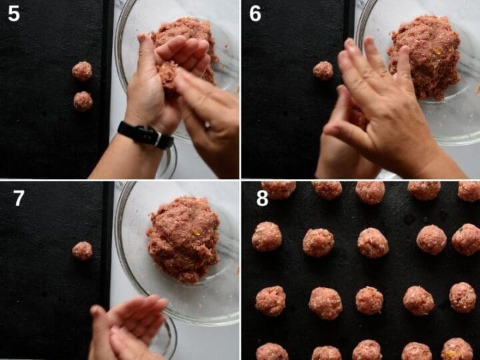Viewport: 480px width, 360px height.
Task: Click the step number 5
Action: click(14, 14)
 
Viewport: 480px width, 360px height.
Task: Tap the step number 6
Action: click(255, 14)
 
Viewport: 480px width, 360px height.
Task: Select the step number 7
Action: click(19, 198)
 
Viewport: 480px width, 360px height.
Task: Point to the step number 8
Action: click(263, 198)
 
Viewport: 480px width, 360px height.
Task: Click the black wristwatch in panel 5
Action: click(146, 135)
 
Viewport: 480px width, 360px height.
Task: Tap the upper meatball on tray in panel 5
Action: click(82, 71)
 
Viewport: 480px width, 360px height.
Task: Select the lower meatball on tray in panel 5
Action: click(83, 101)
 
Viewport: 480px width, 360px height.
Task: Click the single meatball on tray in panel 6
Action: click(323, 71)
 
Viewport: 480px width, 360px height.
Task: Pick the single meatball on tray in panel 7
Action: click(82, 251)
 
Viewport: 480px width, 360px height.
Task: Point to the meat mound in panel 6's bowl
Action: click(425, 57)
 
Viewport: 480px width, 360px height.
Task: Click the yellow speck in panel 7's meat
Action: click(195, 233)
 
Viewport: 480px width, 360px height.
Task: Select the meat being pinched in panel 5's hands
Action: click(167, 75)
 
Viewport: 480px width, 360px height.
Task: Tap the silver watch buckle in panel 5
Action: click(158, 139)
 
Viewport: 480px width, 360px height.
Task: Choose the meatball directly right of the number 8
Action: click(279, 190)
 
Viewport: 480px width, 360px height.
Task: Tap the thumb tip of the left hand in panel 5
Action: click(142, 38)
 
